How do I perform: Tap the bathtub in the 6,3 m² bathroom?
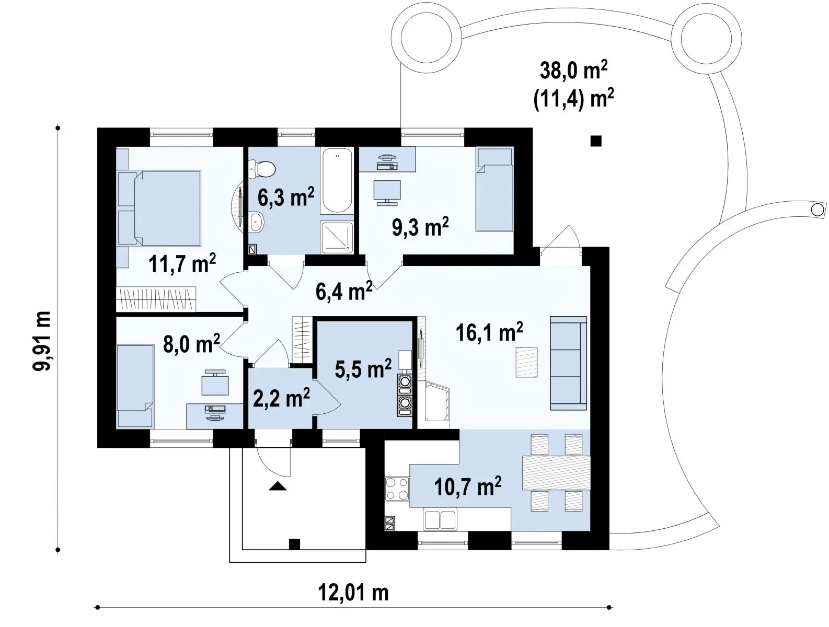[337, 181]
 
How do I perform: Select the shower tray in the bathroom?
[337, 237]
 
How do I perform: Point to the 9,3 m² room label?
[420, 226]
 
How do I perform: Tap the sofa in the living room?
[568, 363]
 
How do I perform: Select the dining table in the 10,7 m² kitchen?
[556, 473]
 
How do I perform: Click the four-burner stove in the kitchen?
[397, 489]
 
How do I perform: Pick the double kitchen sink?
[440, 519]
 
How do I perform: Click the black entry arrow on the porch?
[278, 486]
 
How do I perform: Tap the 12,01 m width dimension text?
[353, 593]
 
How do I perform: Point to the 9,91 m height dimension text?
[41, 341]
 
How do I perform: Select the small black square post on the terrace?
[596, 141]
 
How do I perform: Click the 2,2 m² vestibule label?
[281, 398]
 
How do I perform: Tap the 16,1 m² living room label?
[489, 332]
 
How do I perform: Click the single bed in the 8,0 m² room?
[135, 386]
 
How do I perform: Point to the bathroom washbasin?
[257, 222]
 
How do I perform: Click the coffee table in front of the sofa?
[526, 362]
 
